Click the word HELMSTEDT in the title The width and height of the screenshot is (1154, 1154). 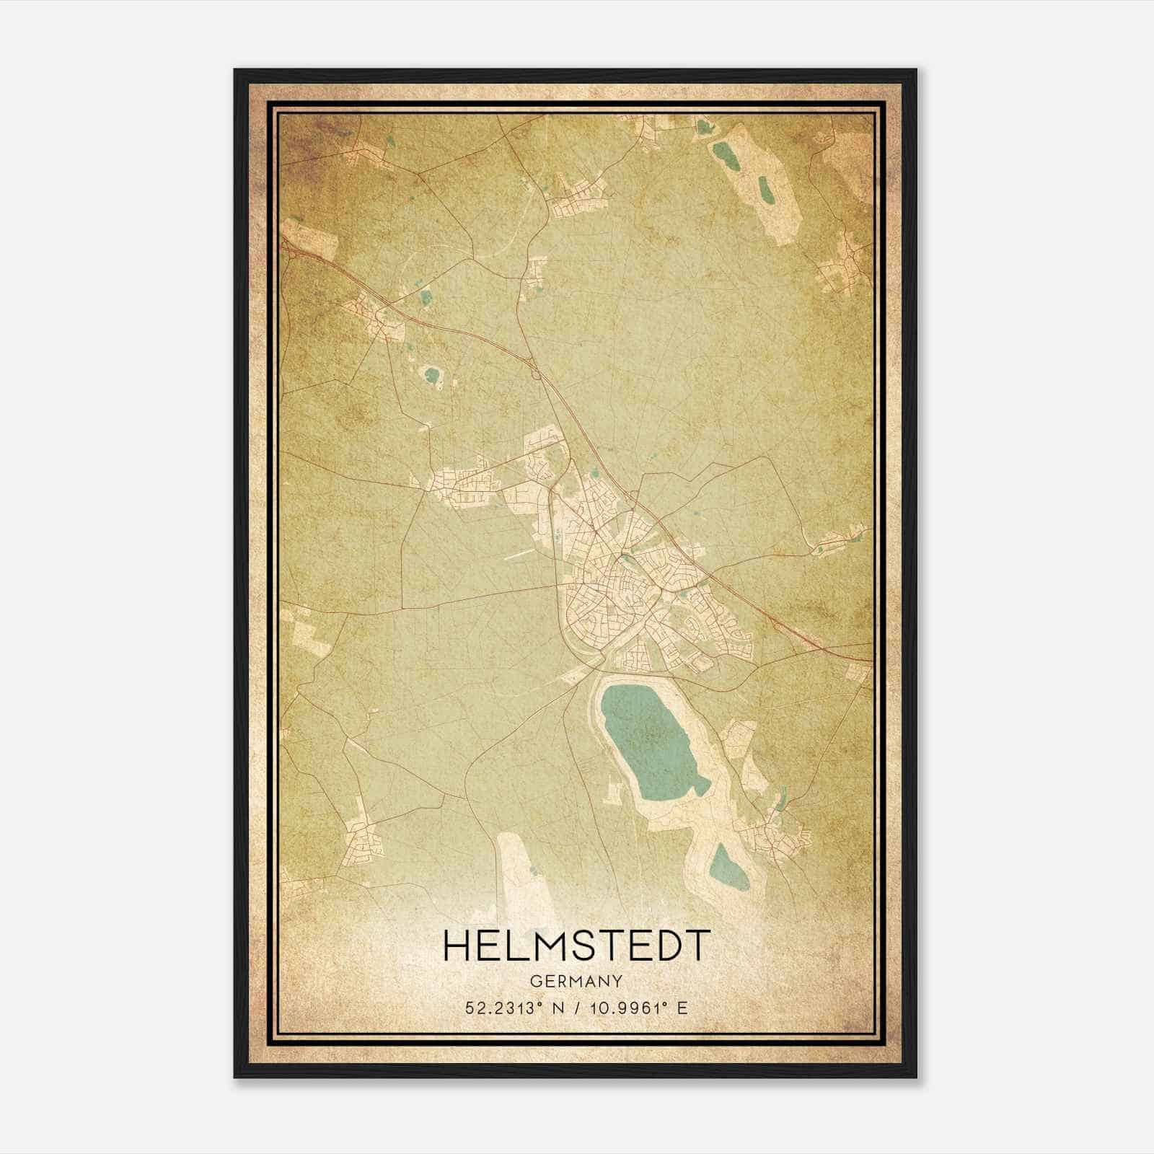[576, 946]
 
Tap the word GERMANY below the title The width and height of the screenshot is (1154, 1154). [576, 981]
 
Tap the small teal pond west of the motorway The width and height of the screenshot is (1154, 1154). [432, 375]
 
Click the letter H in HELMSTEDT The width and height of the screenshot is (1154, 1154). [457, 946]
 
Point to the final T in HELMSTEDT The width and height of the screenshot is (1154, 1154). [696, 946]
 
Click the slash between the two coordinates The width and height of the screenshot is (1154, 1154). [576, 1008]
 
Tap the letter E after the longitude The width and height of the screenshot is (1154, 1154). [682, 1008]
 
